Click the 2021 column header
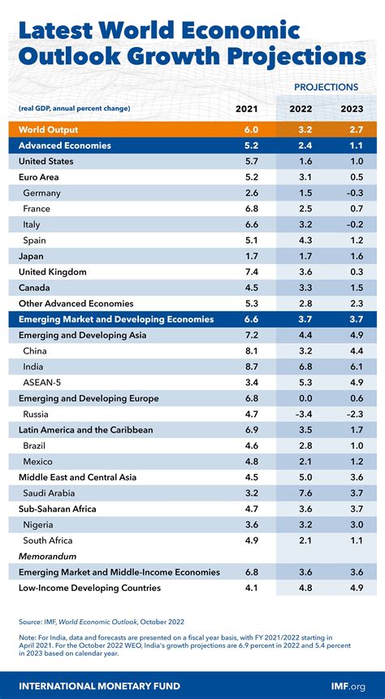tap(246, 109)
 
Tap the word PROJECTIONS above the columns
tap(326, 86)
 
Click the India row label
tap(35, 367)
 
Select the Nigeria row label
tap(39, 525)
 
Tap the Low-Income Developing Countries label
tap(89, 588)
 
